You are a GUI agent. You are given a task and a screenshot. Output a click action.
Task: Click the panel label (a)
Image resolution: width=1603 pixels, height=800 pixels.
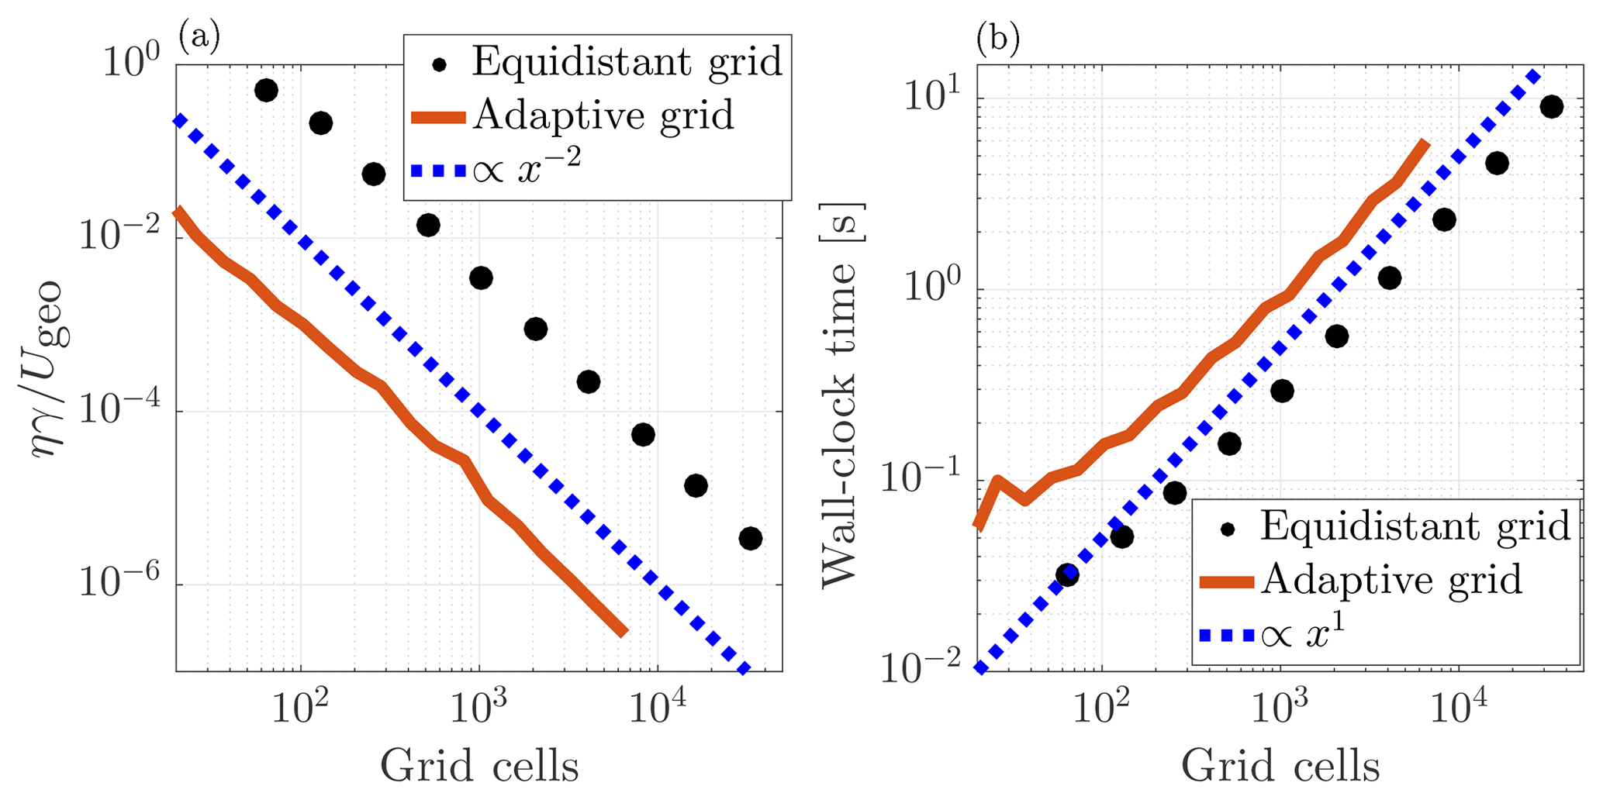[199, 36]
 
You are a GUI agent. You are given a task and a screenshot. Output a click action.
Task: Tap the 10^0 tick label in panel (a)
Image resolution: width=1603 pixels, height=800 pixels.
[131, 62]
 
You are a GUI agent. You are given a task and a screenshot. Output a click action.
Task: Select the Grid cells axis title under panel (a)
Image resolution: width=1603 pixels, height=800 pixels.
[478, 766]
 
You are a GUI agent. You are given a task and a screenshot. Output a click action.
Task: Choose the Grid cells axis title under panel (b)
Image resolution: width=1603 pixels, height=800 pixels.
[1280, 766]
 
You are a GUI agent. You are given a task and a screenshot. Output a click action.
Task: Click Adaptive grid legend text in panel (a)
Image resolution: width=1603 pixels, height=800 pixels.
[603, 116]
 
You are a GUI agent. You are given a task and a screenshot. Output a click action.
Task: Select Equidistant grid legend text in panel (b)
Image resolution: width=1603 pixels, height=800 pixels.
[1415, 526]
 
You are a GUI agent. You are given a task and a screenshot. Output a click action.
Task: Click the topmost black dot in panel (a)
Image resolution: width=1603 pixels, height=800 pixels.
[266, 91]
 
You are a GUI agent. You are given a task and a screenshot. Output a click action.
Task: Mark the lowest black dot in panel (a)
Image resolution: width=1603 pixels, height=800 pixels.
[750, 538]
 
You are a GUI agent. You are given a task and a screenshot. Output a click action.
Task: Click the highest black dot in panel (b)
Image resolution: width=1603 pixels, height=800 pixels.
[1551, 107]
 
